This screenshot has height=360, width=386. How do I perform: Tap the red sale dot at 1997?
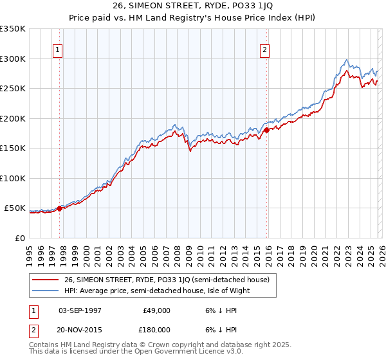tap(59, 208)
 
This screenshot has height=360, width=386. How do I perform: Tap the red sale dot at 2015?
tap(266, 130)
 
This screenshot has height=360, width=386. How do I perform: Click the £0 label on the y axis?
tap(19, 238)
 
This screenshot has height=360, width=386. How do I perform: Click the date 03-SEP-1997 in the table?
tap(80, 310)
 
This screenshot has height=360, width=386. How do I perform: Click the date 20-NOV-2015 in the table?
tap(80, 328)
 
